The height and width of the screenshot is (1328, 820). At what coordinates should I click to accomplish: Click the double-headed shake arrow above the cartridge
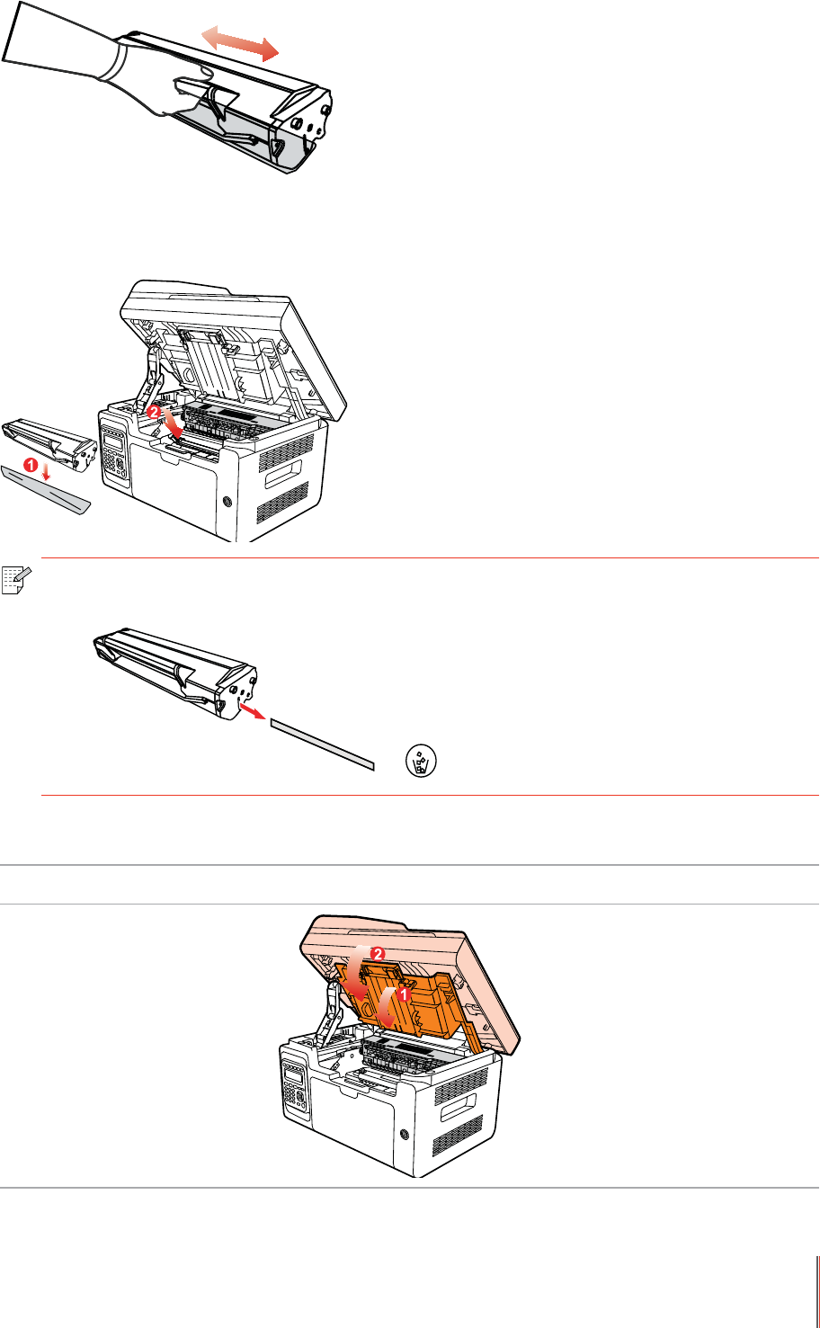tap(240, 42)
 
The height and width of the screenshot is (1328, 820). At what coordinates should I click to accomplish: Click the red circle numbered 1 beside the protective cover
tap(31, 466)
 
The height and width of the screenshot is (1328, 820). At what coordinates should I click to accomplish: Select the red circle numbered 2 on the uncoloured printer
tap(154, 411)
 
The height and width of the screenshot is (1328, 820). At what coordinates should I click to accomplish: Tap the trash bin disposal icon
tap(421, 761)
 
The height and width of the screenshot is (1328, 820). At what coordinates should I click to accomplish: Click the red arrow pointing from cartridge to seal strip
tap(252, 711)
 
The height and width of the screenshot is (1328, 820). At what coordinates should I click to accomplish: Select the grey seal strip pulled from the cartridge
tap(323, 744)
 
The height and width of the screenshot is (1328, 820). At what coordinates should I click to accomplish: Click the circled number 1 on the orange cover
tap(404, 994)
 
